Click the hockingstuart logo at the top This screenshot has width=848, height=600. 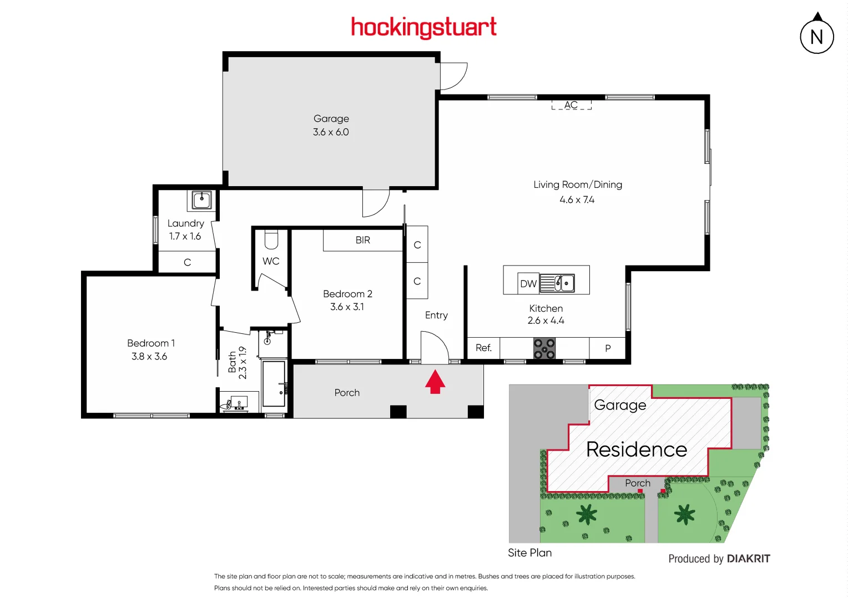pyautogui.click(x=423, y=27)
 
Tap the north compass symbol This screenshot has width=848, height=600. pyautogui.click(x=816, y=37)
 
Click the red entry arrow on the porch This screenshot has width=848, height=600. pyautogui.click(x=435, y=382)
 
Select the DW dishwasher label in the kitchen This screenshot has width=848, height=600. pyautogui.click(x=528, y=284)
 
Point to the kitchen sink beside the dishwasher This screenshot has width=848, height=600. pyautogui.click(x=557, y=283)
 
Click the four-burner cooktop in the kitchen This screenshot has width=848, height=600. pyautogui.click(x=544, y=348)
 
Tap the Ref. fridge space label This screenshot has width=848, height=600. pyautogui.click(x=483, y=348)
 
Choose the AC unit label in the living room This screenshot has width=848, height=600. pyautogui.click(x=571, y=105)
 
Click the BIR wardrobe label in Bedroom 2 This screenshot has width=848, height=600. pyautogui.click(x=362, y=240)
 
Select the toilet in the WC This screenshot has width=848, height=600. pyautogui.click(x=271, y=239)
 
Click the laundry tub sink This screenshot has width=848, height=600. pyautogui.click(x=201, y=199)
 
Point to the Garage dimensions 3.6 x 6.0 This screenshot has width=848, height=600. pyautogui.click(x=331, y=132)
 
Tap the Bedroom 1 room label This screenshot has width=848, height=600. pyautogui.click(x=150, y=343)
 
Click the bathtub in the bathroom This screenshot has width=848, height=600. pyautogui.click(x=274, y=384)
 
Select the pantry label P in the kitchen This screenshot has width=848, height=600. pyautogui.click(x=608, y=348)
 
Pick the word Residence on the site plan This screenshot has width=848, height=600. pyautogui.click(x=637, y=449)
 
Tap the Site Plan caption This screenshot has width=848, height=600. pyautogui.click(x=529, y=553)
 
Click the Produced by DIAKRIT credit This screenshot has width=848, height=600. pyautogui.click(x=719, y=559)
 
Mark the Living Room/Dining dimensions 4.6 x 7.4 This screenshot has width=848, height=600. pyautogui.click(x=577, y=200)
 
